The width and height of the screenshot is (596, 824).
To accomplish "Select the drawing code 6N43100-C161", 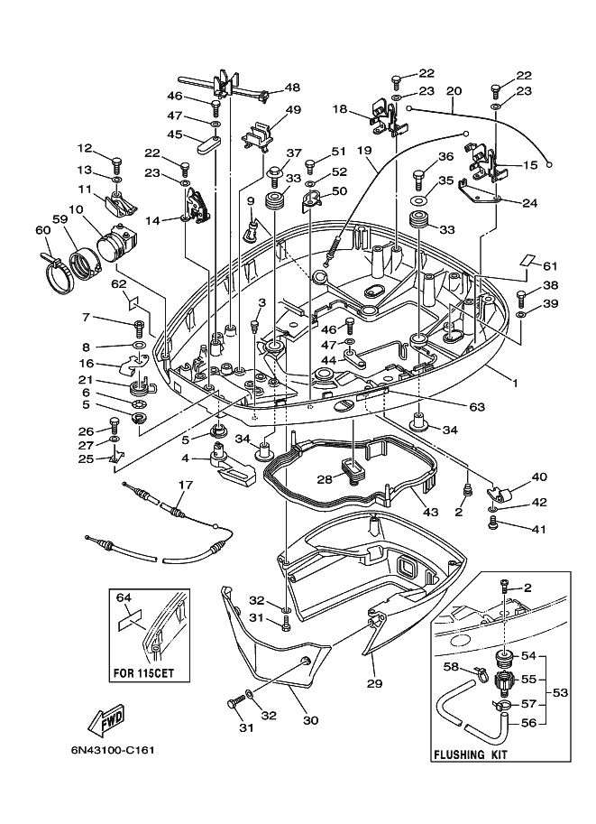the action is [x=113, y=750].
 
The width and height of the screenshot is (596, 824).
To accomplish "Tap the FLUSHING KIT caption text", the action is [x=470, y=755].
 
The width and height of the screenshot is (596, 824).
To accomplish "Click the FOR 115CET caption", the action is [x=143, y=672].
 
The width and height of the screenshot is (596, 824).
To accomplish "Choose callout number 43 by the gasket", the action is [x=431, y=512].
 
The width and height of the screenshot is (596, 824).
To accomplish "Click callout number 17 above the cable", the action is [x=186, y=485].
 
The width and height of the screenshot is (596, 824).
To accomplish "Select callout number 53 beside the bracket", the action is [x=560, y=692].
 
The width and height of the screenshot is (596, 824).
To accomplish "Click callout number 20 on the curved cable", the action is [x=454, y=91].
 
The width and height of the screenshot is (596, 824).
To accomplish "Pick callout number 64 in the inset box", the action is [x=124, y=597].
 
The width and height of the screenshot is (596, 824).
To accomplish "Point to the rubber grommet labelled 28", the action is [x=353, y=469].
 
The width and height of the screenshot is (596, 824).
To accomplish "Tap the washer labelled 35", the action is [x=418, y=200].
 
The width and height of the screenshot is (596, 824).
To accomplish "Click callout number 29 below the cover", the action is [x=375, y=684].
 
